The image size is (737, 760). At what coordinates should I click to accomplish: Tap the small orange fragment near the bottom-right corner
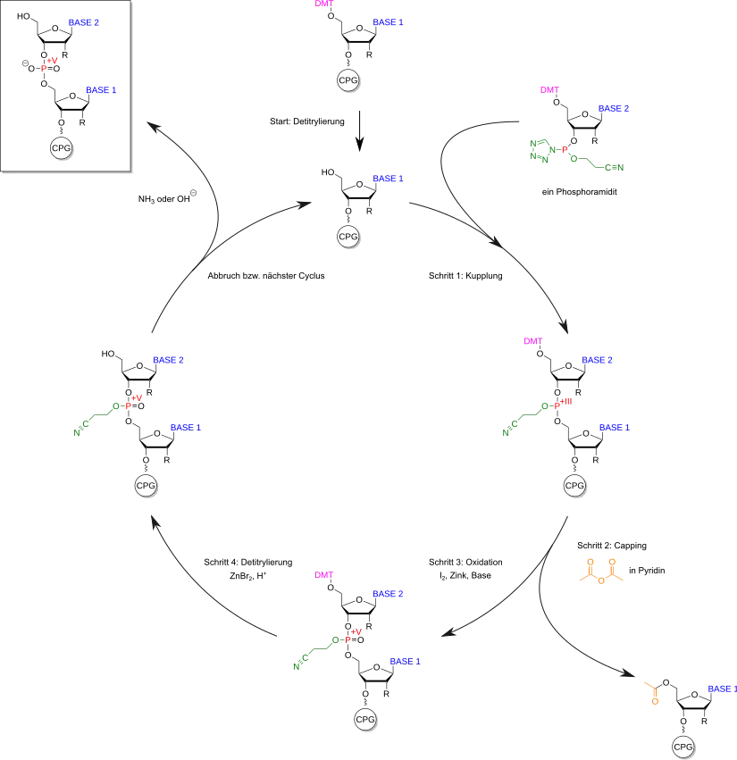[x=654, y=692]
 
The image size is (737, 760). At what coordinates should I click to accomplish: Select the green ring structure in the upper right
[x=540, y=149]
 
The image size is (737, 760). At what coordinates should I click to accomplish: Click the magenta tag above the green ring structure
[x=549, y=89]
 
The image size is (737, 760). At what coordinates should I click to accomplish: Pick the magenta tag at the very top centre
[x=325, y=4]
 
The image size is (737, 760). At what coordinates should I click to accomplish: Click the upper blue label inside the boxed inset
[x=83, y=22]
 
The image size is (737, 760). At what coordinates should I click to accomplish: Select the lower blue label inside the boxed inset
[x=101, y=90]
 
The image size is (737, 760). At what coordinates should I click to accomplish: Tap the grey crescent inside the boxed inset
[x=64, y=149]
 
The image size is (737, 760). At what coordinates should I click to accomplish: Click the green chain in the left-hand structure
[x=96, y=416]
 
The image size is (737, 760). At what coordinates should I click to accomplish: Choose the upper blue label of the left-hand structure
[x=168, y=360]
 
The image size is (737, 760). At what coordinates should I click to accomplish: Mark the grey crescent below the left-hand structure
[x=147, y=488]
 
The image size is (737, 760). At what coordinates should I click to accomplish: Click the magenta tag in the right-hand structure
[x=532, y=342]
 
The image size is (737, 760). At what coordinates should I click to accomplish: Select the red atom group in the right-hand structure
[x=564, y=401]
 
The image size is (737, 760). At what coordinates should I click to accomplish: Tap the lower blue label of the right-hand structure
[x=614, y=428]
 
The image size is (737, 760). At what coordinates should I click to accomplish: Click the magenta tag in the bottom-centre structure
[x=325, y=575]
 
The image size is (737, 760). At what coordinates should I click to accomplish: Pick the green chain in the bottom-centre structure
[x=316, y=651]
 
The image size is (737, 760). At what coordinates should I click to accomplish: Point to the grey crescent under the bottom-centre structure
[x=368, y=720]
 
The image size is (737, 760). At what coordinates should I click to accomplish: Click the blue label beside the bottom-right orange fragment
[x=721, y=688]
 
